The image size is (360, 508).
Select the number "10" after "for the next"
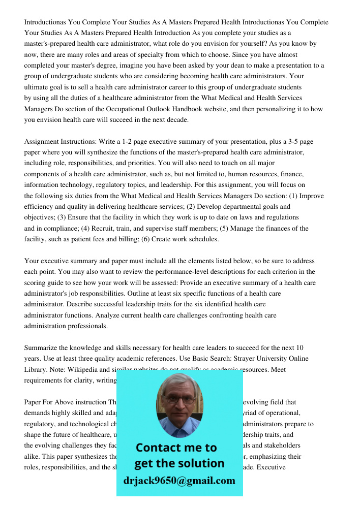[299, 348]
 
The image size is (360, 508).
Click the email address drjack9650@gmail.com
[179, 481]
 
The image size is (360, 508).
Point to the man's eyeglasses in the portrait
[179, 399]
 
